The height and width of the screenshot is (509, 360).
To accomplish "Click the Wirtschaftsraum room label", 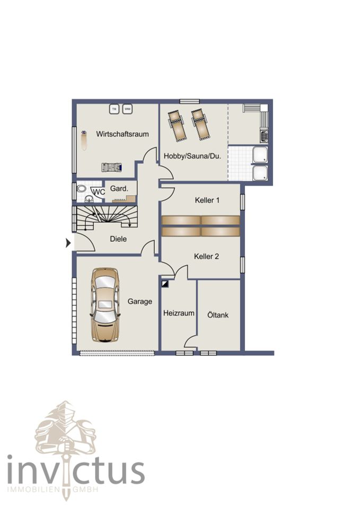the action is tap(122, 134).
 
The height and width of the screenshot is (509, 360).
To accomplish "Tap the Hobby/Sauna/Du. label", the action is tap(192, 156).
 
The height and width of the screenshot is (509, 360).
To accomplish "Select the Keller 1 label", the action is tap(207, 200).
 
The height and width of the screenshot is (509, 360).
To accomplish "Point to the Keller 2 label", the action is tap(206, 256).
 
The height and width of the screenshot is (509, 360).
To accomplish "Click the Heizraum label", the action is tap(179, 313).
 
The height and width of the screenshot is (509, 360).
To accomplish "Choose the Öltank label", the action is tap(218, 314).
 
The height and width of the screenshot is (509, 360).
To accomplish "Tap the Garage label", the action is tap(139, 301).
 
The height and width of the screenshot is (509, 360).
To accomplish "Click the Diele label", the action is tap(118, 239).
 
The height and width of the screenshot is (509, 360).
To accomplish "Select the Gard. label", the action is tap(119, 188).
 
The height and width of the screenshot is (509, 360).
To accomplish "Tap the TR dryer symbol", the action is tap(114, 109).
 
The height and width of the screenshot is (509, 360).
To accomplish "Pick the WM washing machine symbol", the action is tap(128, 109).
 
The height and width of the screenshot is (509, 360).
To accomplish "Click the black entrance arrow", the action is tap(68, 242).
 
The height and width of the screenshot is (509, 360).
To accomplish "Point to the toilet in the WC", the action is tap(81, 189).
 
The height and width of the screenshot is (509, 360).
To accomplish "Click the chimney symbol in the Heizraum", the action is tap(165, 284).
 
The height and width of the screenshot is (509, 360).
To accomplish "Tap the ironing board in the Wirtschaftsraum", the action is tap(84, 140).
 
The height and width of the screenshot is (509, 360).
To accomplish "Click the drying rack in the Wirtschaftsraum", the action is tap(112, 167).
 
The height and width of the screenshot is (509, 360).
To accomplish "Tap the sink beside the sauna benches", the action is tap(264, 135).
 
